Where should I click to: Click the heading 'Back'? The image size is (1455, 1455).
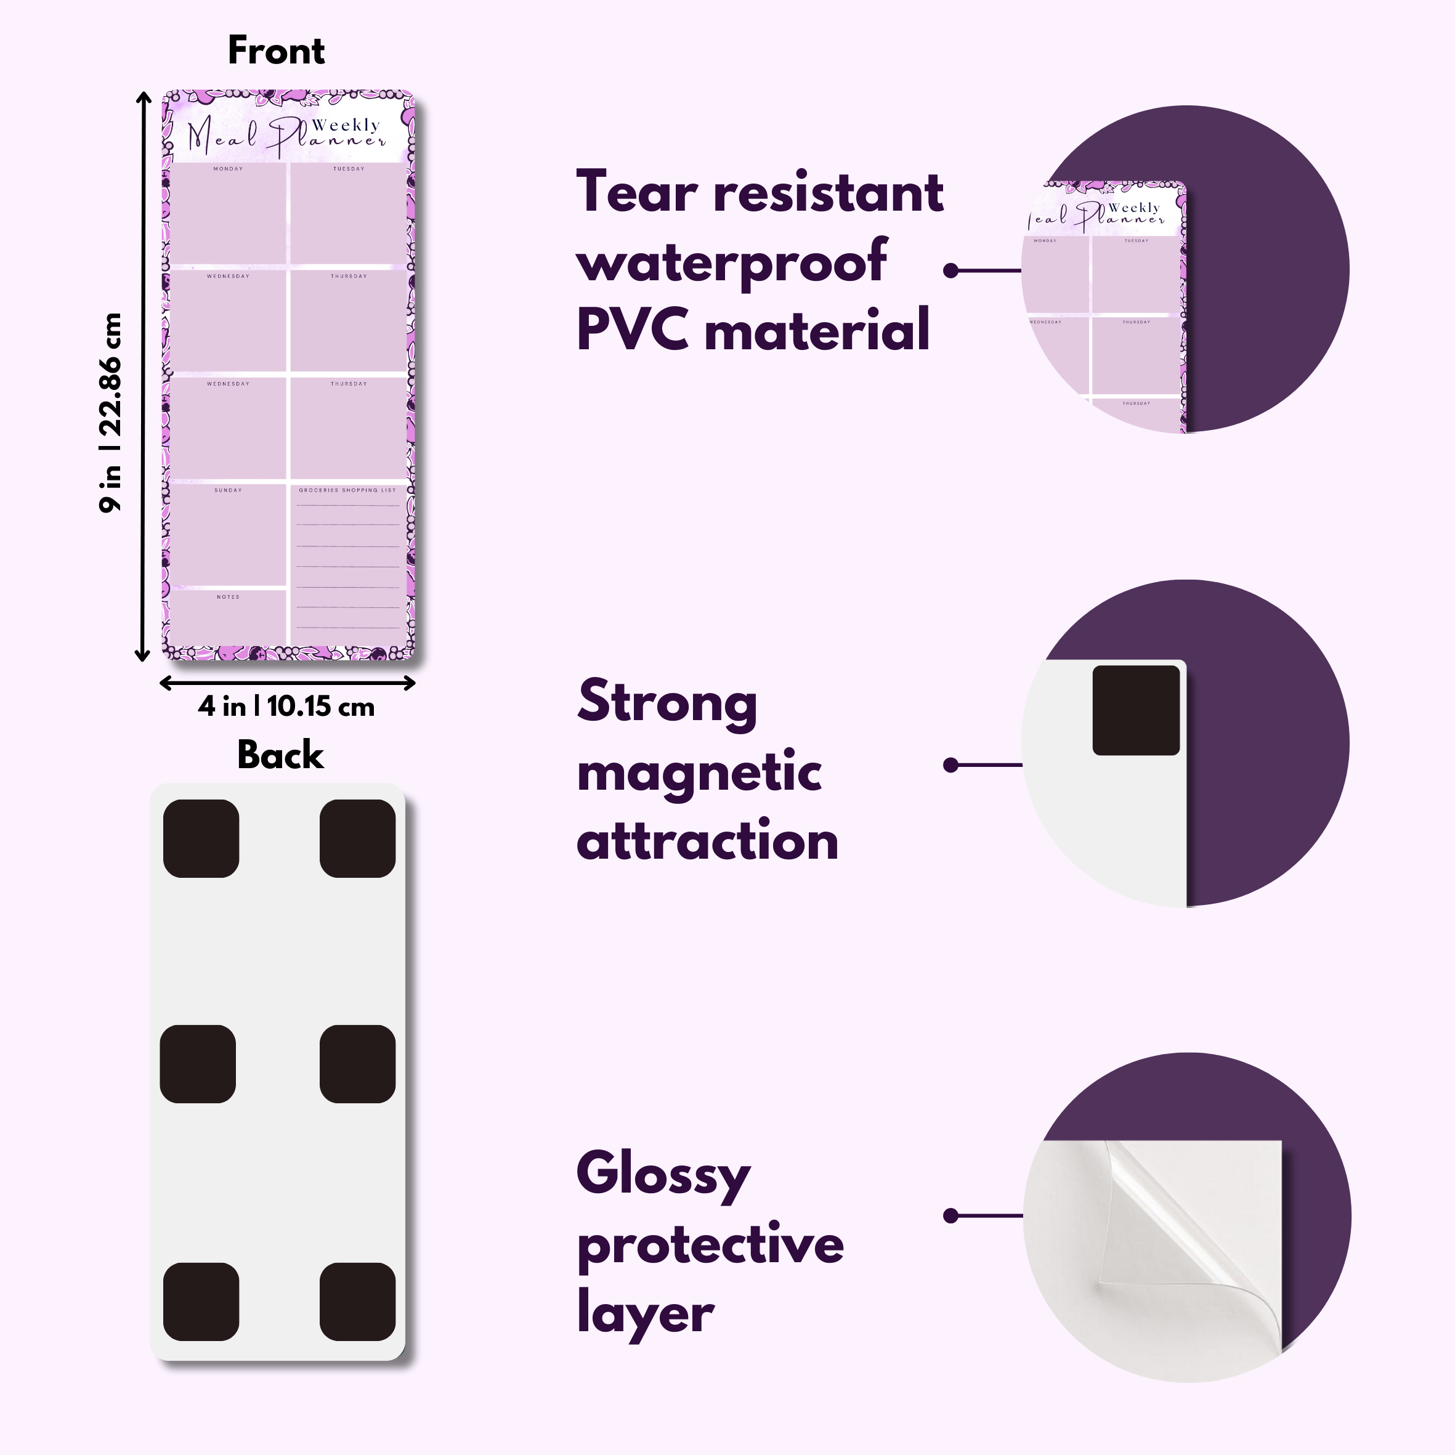(280, 755)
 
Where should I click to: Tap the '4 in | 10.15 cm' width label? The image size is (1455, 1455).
(286, 707)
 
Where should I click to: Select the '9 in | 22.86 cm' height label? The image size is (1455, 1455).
(111, 413)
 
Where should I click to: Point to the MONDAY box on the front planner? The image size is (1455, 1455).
(227, 214)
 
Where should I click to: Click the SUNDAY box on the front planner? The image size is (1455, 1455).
(227, 535)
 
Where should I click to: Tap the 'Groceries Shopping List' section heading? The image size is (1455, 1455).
(347, 490)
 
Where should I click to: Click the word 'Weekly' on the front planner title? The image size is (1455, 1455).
(346, 125)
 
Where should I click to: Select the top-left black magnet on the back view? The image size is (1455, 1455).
(201, 838)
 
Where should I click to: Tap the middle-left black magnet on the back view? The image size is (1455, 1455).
(198, 1063)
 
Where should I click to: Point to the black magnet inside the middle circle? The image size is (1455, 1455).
(1136, 710)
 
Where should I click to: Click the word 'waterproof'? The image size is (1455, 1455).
(731, 261)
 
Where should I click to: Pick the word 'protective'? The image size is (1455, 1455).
(710, 1245)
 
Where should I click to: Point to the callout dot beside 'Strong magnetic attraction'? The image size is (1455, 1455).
(950, 765)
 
